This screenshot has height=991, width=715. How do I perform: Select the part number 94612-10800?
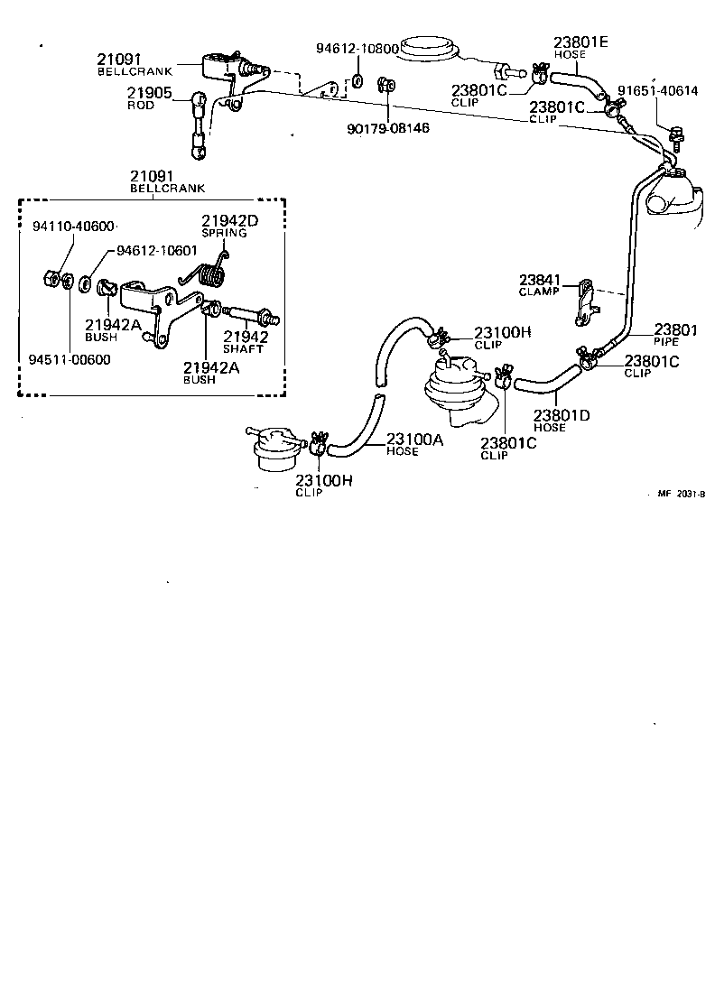pos(357,49)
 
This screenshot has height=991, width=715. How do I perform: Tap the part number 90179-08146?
pos(387,128)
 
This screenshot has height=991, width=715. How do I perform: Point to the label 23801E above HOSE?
pos(581,42)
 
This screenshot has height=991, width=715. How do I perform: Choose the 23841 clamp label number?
pos(539,279)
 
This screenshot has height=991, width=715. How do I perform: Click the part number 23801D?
pos(561,416)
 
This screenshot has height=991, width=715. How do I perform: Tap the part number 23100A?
pos(414,440)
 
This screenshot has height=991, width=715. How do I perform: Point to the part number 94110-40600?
pos(69,226)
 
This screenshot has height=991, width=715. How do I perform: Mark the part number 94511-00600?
pos(69,359)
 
